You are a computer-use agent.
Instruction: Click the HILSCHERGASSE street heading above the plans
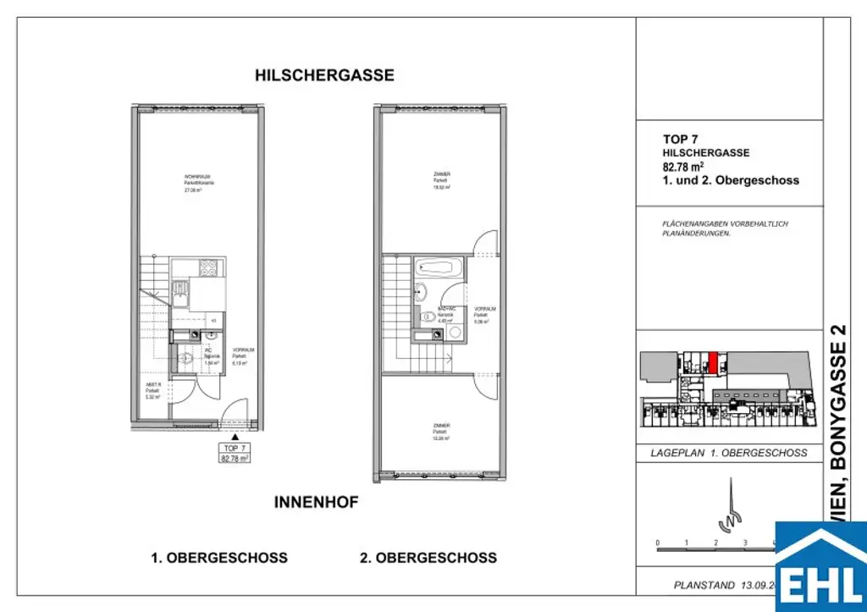pyautogui.click(x=324, y=75)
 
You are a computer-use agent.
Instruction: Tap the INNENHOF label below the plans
pyautogui.click(x=316, y=502)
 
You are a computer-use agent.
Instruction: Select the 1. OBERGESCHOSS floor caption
pyautogui.click(x=219, y=558)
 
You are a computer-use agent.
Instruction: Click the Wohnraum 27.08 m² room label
pyautogui.click(x=199, y=184)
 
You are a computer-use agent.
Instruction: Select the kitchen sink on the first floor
pyautogui.click(x=182, y=296)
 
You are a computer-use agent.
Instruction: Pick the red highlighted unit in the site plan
pyautogui.click(x=713, y=362)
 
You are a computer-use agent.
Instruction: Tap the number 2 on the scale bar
pyautogui.click(x=715, y=543)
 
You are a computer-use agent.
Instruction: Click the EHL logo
pyautogui.click(x=820, y=566)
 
